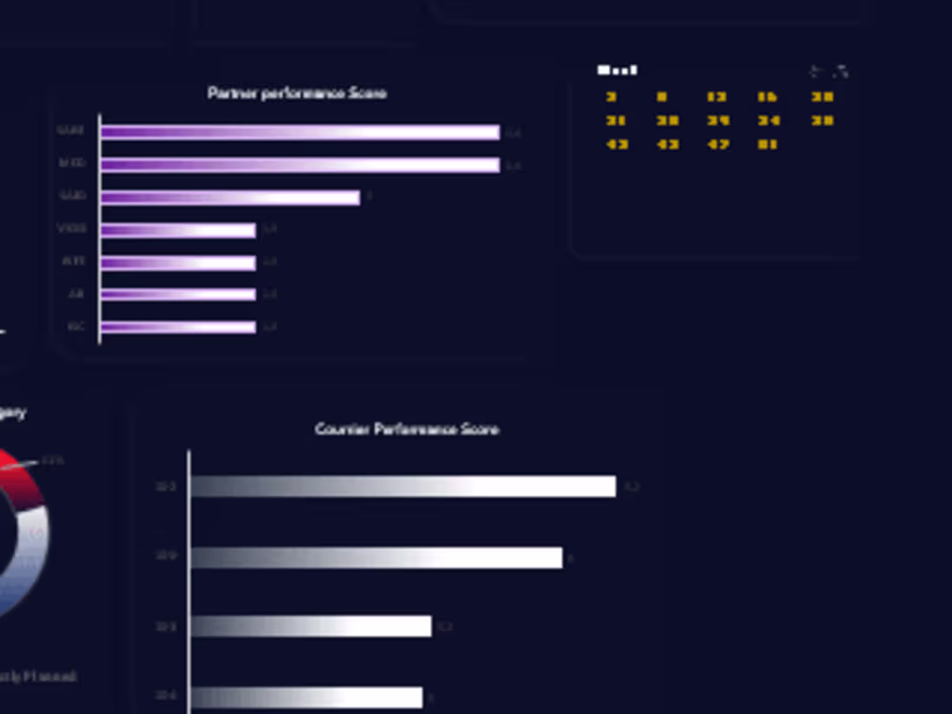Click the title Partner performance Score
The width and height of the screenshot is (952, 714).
point(297,93)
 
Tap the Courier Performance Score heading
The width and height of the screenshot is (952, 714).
point(407,429)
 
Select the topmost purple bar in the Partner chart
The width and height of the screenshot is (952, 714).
point(299,132)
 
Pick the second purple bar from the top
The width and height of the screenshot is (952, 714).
point(299,164)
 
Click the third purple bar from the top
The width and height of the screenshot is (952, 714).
point(229,197)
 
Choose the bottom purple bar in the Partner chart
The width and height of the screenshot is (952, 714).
point(177,327)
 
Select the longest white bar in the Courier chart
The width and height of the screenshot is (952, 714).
point(402,486)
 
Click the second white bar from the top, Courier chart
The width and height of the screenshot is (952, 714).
point(376,557)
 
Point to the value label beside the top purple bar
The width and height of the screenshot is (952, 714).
point(514,133)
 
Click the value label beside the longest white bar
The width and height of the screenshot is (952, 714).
point(632,487)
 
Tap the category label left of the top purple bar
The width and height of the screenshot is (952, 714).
point(71,132)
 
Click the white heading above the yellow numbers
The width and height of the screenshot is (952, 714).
point(617,70)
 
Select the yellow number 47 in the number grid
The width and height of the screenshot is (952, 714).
point(718,145)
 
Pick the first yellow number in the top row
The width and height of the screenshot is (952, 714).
point(612,97)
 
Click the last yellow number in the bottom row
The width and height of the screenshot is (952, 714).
point(768,145)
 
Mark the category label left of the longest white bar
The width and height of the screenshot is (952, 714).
point(165,487)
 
